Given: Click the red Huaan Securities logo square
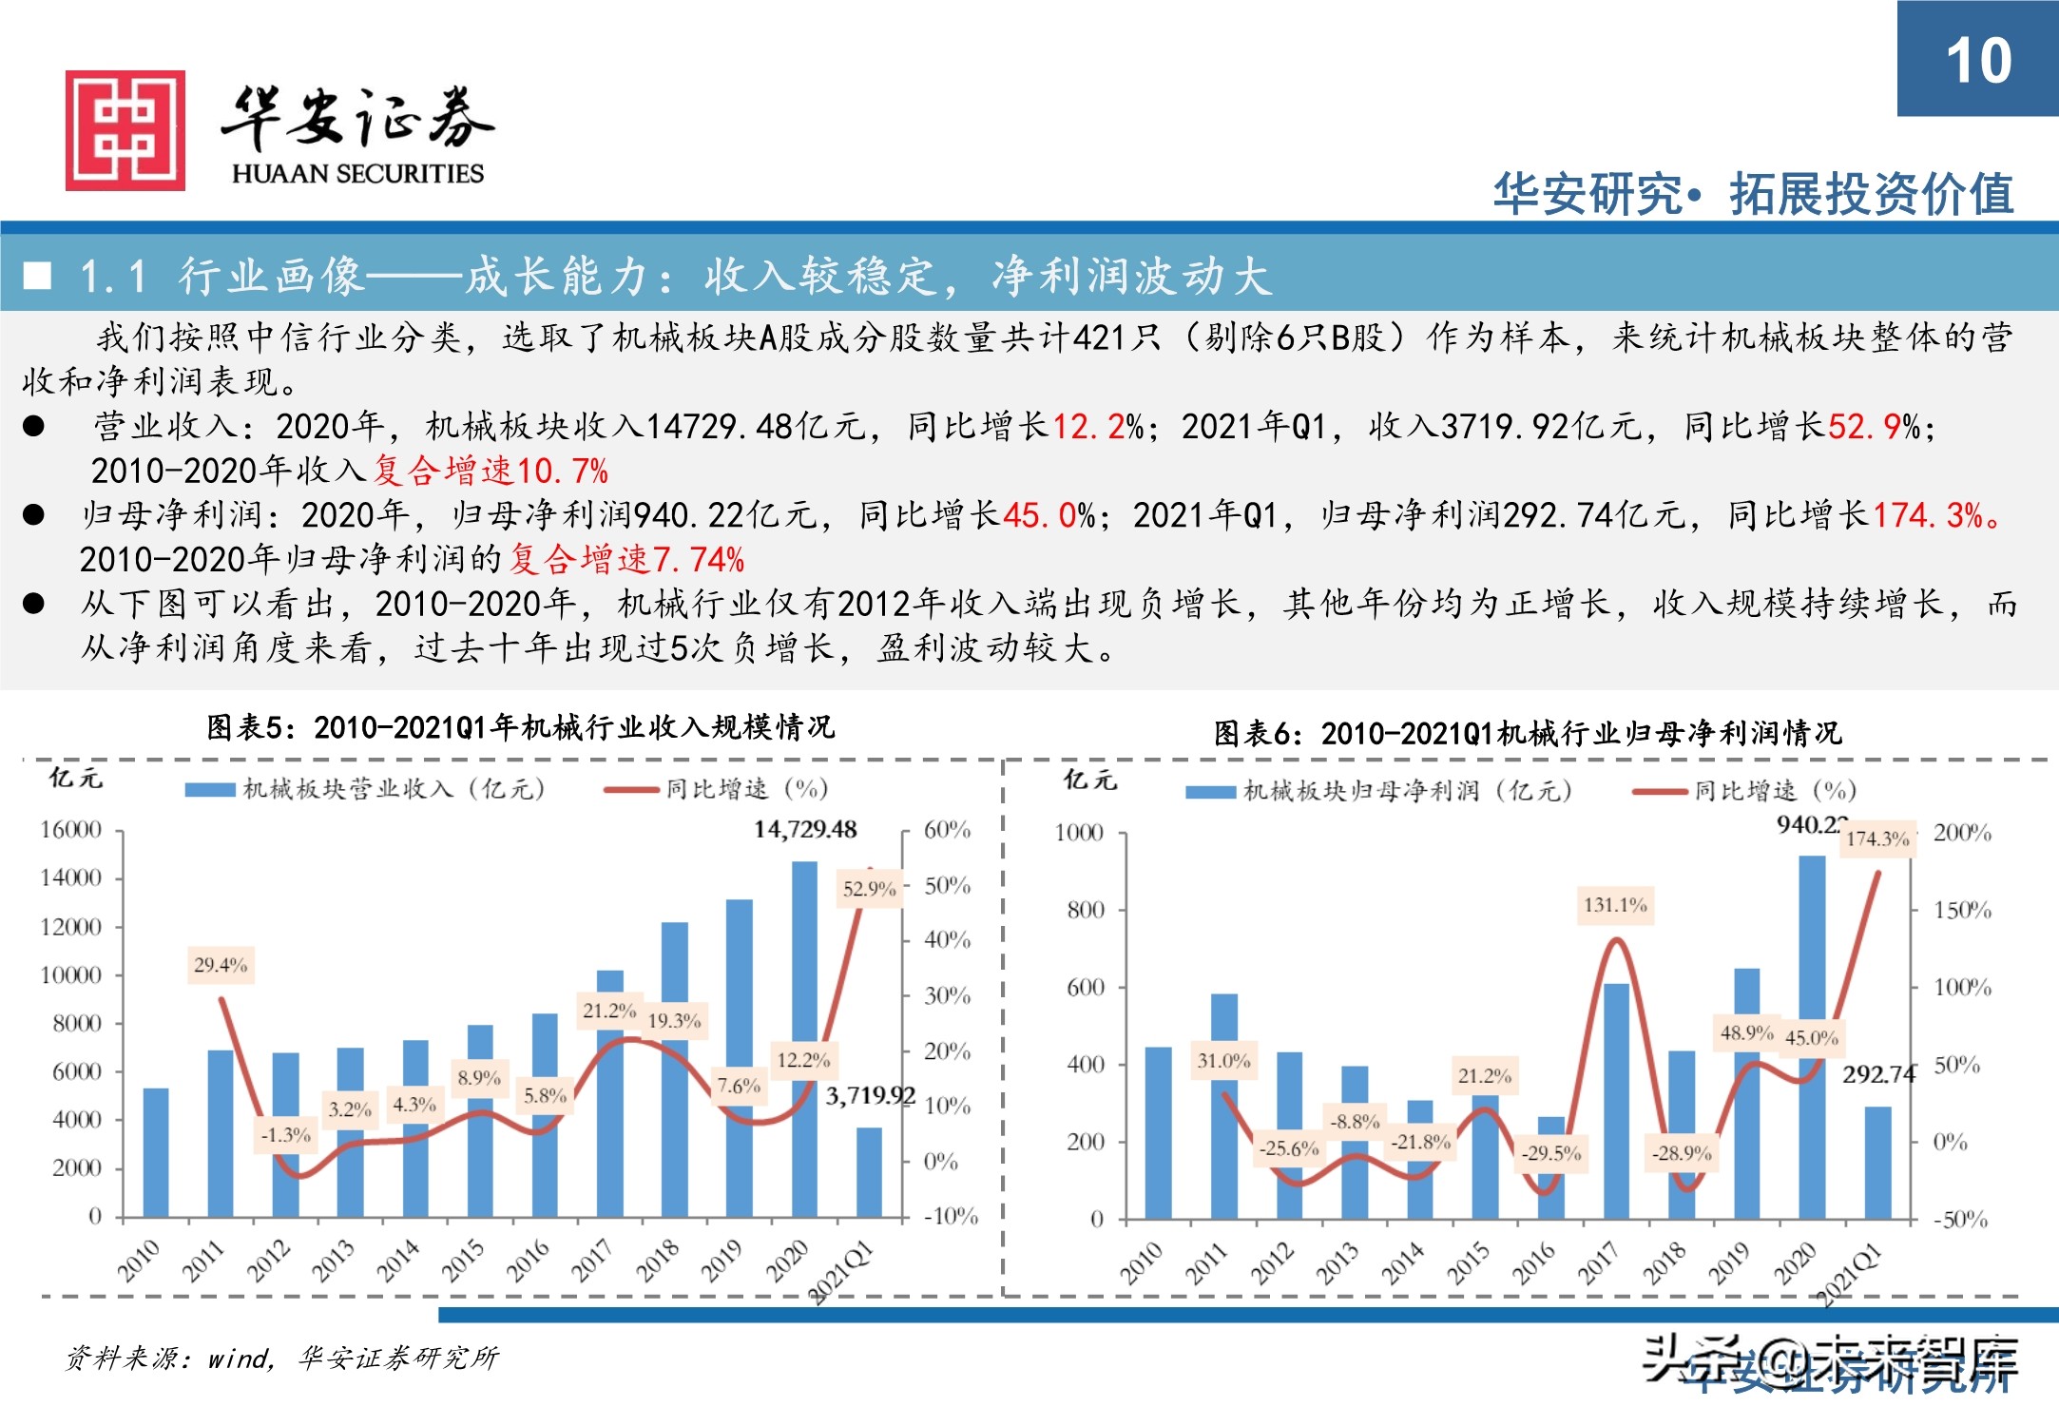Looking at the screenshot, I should tap(125, 130).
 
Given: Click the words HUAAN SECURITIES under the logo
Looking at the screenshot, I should tap(357, 174).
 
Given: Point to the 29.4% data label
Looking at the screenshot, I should tap(221, 966).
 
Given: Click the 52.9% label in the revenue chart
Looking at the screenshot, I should tap(869, 889).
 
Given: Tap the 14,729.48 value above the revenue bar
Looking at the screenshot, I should tap(805, 830).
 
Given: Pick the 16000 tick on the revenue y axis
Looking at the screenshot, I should tap(70, 830).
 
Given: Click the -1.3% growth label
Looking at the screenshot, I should tap(286, 1135).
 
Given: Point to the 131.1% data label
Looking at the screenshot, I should tap(1615, 905).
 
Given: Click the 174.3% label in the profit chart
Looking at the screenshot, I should tap(1877, 838).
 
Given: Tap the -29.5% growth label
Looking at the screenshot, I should tap(1551, 1153).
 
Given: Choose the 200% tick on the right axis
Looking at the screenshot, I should tap(1962, 833).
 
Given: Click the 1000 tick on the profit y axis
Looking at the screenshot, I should tap(1079, 834).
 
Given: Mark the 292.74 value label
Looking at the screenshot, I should tap(1878, 1074).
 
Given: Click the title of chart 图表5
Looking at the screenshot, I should tap(520, 728).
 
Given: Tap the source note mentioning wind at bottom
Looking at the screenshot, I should tap(282, 1358).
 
